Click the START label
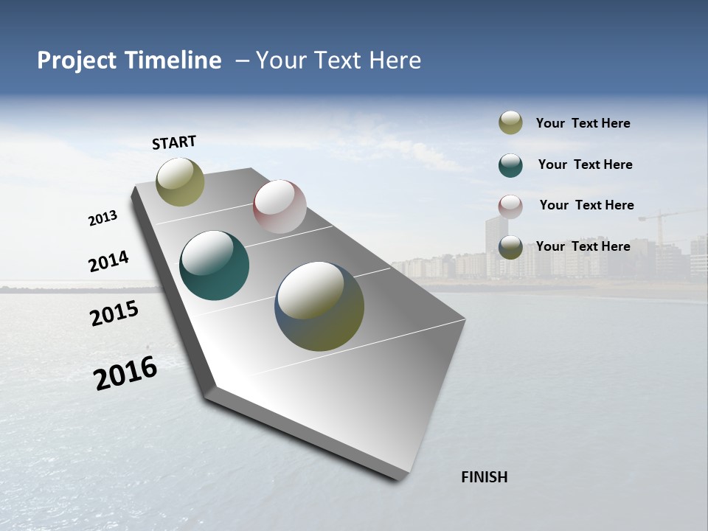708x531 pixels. tap(174, 142)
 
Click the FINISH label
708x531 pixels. tap(484, 477)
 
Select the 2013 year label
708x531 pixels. tap(103, 218)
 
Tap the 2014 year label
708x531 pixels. tap(108, 262)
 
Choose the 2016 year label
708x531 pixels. tap(125, 373)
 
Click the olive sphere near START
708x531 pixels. tap(180, 181)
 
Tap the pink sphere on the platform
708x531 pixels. tap(280, 206)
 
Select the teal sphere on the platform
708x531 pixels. tap(215, 265)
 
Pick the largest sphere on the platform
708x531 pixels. tap(319, 306)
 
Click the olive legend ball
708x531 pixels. tap(510, 122)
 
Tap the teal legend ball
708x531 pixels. tap(510, 165)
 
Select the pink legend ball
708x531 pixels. tap(510, 206)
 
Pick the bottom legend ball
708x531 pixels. tap(510, 247)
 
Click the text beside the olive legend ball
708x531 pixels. tap(583, 123)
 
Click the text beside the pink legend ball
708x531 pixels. tap(586, 205)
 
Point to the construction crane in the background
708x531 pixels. tap(661, 221)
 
